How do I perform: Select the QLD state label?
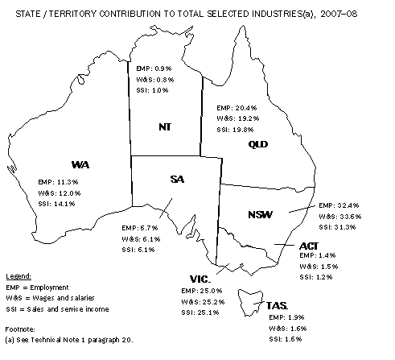pos(257,144)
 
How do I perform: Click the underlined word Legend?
pos(18,275)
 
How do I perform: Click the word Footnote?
pos(21,329)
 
